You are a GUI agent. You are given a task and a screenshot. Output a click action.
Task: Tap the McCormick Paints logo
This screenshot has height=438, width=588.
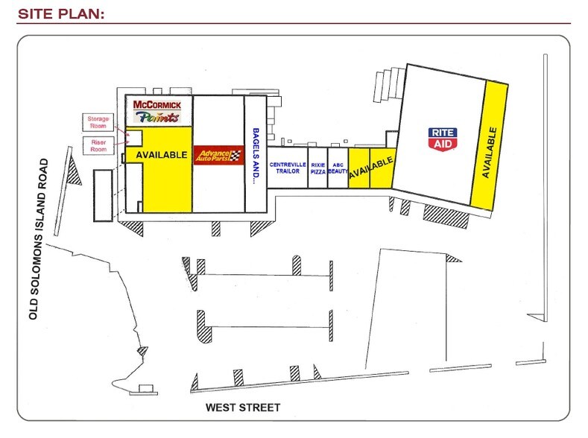157,110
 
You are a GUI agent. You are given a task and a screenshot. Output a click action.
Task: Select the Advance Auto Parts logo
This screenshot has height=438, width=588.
218,155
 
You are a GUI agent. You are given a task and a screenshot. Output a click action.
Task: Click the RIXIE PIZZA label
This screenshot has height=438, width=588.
318,167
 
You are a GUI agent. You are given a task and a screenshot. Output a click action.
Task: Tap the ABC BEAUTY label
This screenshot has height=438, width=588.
338,167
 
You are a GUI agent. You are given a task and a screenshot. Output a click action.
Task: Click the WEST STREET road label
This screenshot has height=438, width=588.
243,407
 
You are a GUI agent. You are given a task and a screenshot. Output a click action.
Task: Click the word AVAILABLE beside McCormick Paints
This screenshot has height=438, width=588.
160,154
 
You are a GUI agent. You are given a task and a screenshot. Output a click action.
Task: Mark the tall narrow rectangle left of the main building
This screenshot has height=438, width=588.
102,195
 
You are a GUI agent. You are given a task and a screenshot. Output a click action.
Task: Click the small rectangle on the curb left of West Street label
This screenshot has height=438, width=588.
147,388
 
